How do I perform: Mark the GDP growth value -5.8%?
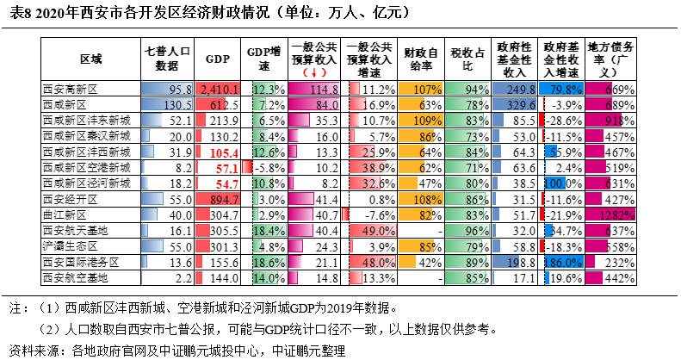[x=269, y=167]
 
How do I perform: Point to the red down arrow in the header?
[x=306, y=73]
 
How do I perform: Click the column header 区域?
[x=90, y=59]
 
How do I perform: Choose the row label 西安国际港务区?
[x=80, y=261]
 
